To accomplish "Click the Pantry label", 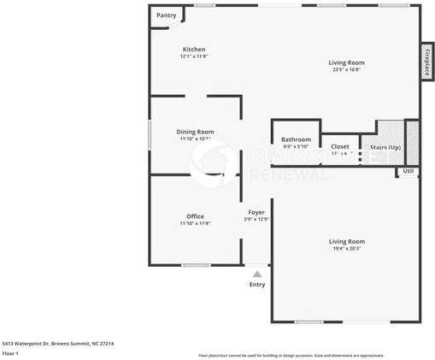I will [166, 15].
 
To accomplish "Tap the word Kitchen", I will [194, 50].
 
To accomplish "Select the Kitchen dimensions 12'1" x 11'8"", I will [194, 56].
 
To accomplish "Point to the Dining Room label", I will [195, 132].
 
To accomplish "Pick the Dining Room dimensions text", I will [195, 139].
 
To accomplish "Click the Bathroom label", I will [296, 139].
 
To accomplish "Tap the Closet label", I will [340, 146].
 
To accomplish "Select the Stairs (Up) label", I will [385, 147].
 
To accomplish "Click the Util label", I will [409, 171].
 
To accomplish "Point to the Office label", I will [195, 216].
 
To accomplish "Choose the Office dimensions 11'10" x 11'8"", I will [195, 223].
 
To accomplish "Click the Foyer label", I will [256, 212].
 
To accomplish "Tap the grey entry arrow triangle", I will [256, 274].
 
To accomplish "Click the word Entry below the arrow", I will [257, 285].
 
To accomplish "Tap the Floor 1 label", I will [10, 353].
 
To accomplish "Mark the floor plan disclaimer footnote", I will [291, 354].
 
